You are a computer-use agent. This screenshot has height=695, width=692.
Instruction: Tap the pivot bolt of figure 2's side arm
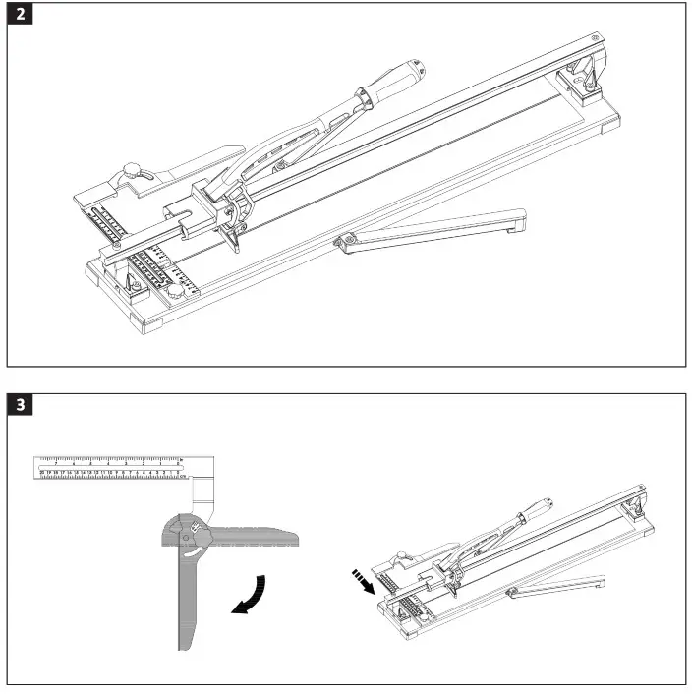click(345, 239)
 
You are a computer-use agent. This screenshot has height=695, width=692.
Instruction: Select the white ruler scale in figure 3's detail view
click(109, 466)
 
